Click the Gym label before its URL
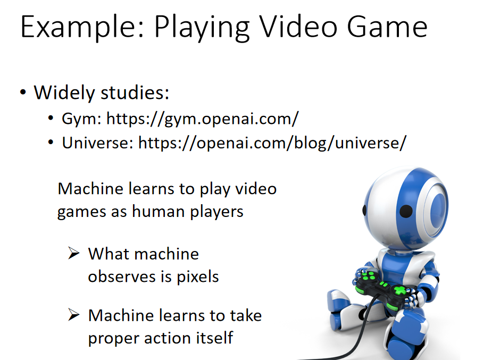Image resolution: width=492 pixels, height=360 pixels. (81, 119)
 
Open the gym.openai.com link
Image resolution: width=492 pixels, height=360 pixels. (203, 119)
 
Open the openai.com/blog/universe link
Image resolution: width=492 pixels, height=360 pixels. (272, 143)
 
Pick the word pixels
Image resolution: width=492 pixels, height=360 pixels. (198, 277)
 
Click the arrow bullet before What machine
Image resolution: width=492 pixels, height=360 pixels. (74, 253)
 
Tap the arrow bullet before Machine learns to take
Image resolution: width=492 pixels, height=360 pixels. (74, 315)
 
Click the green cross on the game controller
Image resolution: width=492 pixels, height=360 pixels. (400, 290)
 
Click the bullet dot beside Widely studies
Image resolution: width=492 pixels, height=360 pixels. (23, 93)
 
